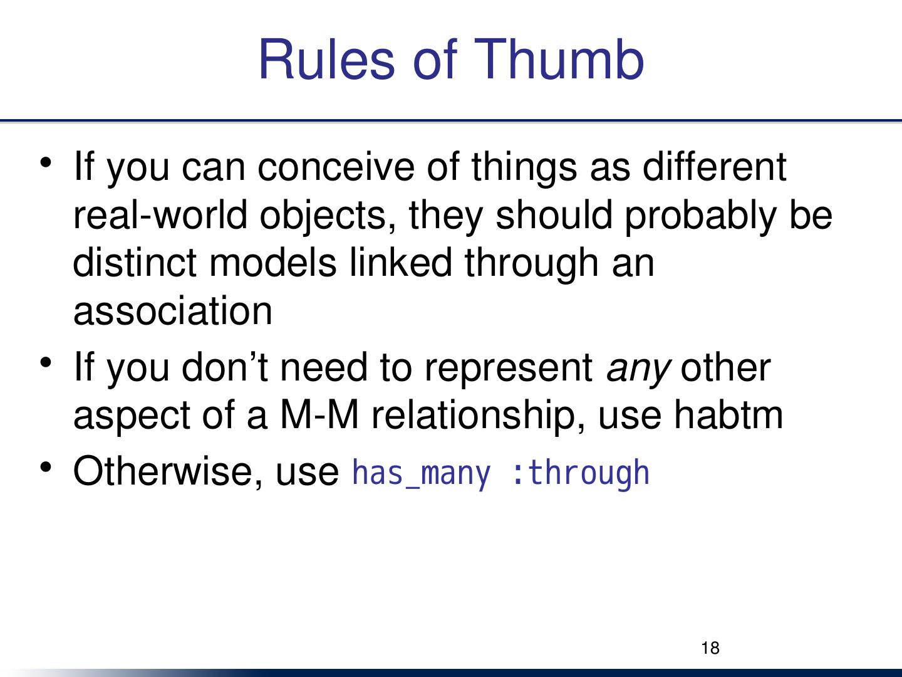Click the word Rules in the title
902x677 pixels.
327,59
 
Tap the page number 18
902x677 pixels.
710,648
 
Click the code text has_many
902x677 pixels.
422,474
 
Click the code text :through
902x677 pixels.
580,474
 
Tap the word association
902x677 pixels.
173,311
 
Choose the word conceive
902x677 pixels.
336,167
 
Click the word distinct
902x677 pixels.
135,263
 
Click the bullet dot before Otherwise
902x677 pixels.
46,468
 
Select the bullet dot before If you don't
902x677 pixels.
46,362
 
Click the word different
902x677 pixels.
715,167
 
